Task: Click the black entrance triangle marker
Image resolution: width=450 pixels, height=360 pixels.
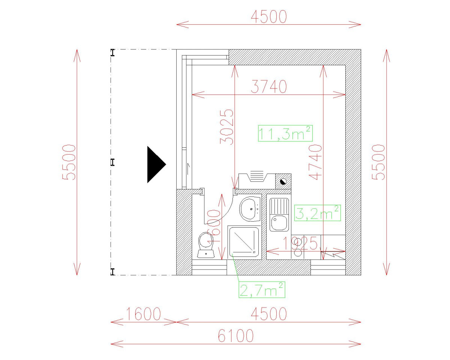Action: click(156, 164)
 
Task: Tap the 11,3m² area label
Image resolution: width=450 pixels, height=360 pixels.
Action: click(285, 133)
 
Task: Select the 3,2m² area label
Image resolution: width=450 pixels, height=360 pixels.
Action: click(317, 213)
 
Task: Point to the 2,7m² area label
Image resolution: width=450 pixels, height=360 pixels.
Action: click(262, 290)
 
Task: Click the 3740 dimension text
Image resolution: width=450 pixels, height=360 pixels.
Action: click(269, 87)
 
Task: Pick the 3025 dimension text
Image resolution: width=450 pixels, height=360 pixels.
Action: click(226, 127)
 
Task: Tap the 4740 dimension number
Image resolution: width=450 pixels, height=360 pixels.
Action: click(315, 162)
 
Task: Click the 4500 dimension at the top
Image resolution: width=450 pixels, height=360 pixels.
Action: click(269, 16)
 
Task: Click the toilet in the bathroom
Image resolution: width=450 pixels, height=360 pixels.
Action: click(206, 245)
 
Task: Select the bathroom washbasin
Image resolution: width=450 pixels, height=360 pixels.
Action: click(250, 209)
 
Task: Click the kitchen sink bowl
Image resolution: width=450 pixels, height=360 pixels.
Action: click(279, 223)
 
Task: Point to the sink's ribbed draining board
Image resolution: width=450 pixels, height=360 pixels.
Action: click(279, 206)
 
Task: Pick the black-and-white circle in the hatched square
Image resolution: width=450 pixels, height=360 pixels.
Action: click(283, 181)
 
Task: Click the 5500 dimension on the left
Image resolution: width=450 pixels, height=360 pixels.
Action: click(69, 162)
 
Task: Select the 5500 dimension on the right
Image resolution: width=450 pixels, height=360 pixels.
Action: click(378, 162)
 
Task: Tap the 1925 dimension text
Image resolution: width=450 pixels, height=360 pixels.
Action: click(300, 243)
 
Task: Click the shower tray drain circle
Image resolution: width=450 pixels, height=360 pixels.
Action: click(254, 252)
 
